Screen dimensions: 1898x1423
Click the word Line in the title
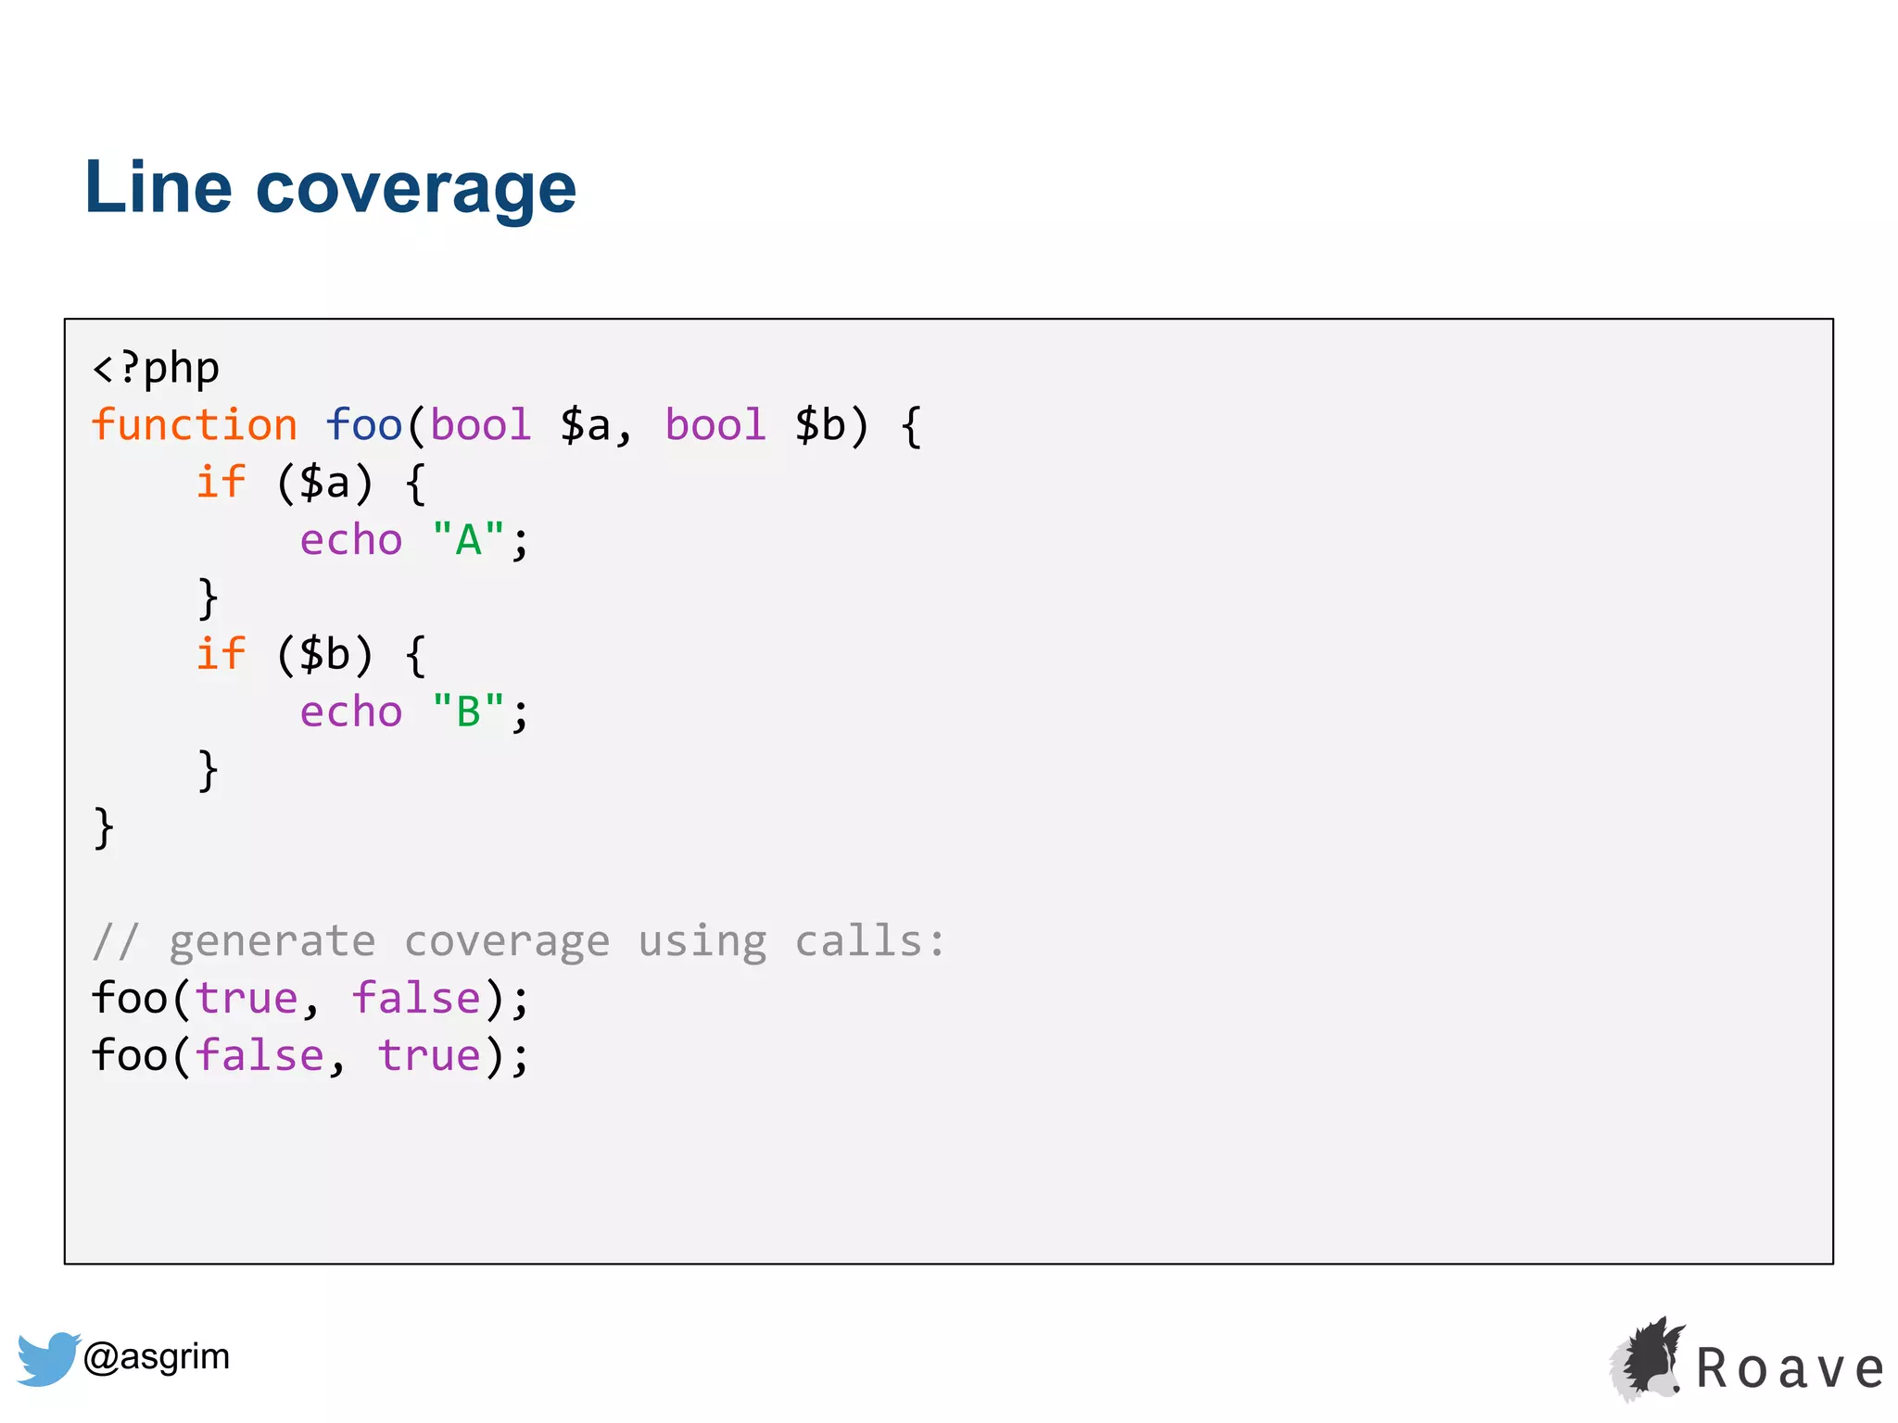pyautogui.click(x=158, y=188)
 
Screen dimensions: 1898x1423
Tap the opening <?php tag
pyautogui.click(x=156, y=369)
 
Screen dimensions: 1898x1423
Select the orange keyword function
pyautogui.click(x=195, y=425)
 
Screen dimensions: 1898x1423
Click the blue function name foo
pyautogui.click(x=363, y=425)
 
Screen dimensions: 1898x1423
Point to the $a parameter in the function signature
pyautogui.click(x=586, y=425)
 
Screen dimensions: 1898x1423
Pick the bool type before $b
pyautogui.click(x=715, y=425)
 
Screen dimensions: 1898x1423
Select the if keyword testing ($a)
pyautogui.click(x=221, y=483)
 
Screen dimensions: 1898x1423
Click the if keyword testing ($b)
pyautogui.click(x=221, y=654)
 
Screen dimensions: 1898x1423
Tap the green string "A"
pyautogui.click(x=469, y=539)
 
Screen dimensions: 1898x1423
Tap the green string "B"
pyautogui.click(x=469, y=711)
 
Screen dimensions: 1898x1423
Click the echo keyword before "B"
pyautogui.click(x=351, y=711)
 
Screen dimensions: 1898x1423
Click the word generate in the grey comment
pyautogui.click(x=272, y=941)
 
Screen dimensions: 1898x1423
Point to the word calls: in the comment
pyautogui.click(x=870, y=941)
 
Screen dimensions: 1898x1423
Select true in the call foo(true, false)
pyautogui.click(x=247, y=999)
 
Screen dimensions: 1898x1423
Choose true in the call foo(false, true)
pyautogui.click(x=429, y=1056)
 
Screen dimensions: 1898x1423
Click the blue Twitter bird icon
pyautogui.click(x=48, y=1358)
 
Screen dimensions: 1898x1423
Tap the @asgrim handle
pyautogui.click(x=157, y=1357)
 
